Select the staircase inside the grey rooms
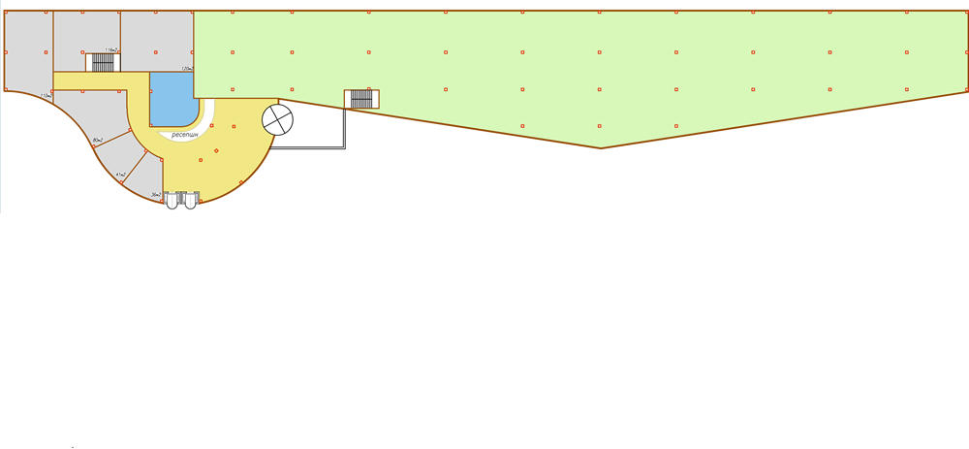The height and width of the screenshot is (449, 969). coord(103,62)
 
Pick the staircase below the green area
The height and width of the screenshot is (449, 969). coord(361,98)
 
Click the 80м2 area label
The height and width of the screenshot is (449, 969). coord(98,142)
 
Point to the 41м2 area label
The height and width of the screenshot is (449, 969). coord(121,175)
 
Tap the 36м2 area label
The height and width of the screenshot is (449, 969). coord(155,195)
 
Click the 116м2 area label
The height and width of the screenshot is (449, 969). coord(111,49)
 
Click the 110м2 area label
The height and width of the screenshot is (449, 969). coord(46,96)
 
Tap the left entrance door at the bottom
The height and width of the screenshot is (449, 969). coord(173,201)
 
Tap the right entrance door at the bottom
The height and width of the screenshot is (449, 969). coord(190,201)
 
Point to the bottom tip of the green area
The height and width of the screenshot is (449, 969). coord(601,147)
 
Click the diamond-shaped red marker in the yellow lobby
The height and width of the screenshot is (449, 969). coord(216,149)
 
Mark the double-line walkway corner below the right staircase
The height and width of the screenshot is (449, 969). coord(345,147)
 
